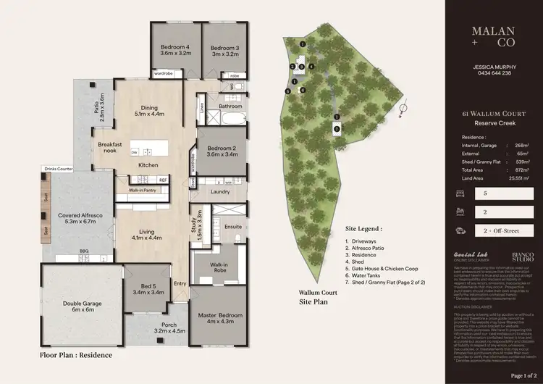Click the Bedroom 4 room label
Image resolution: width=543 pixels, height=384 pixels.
[174, 49]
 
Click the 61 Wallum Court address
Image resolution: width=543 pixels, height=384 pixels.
[492, 114]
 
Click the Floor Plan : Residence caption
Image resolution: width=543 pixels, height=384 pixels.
[77, 356]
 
